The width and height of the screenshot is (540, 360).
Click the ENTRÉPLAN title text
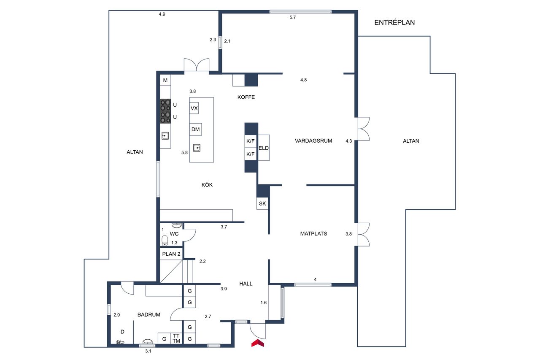click(394, 22)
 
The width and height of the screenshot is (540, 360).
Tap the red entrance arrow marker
click(257, 343)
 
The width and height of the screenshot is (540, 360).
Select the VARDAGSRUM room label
click(313, 141)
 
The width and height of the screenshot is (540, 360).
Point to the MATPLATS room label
click(313, 233)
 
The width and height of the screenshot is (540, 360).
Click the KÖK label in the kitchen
click(207, 185)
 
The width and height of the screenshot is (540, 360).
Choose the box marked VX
click(194, 108)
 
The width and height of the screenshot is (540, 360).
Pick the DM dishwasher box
click(195, 129)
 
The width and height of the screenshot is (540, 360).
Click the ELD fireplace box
click(264, 148)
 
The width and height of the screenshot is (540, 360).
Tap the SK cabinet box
click(262, 203)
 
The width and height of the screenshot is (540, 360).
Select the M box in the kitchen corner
click(165, 80)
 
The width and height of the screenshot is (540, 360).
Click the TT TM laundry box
click(176, 338)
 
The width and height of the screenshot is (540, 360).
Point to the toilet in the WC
click(165, 241)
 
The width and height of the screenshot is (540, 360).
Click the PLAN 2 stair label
click(171, 254)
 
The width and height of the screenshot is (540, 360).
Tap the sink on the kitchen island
click(197, 148)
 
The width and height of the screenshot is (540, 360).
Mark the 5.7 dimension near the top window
click(293, 17)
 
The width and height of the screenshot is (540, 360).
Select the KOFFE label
click(246, 97)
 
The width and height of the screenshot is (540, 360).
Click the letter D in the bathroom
click(122, 332)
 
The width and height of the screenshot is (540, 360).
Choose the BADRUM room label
click(149, 314)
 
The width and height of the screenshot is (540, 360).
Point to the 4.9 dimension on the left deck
click(162, 14)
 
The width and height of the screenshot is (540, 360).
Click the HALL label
click(246, 284)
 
